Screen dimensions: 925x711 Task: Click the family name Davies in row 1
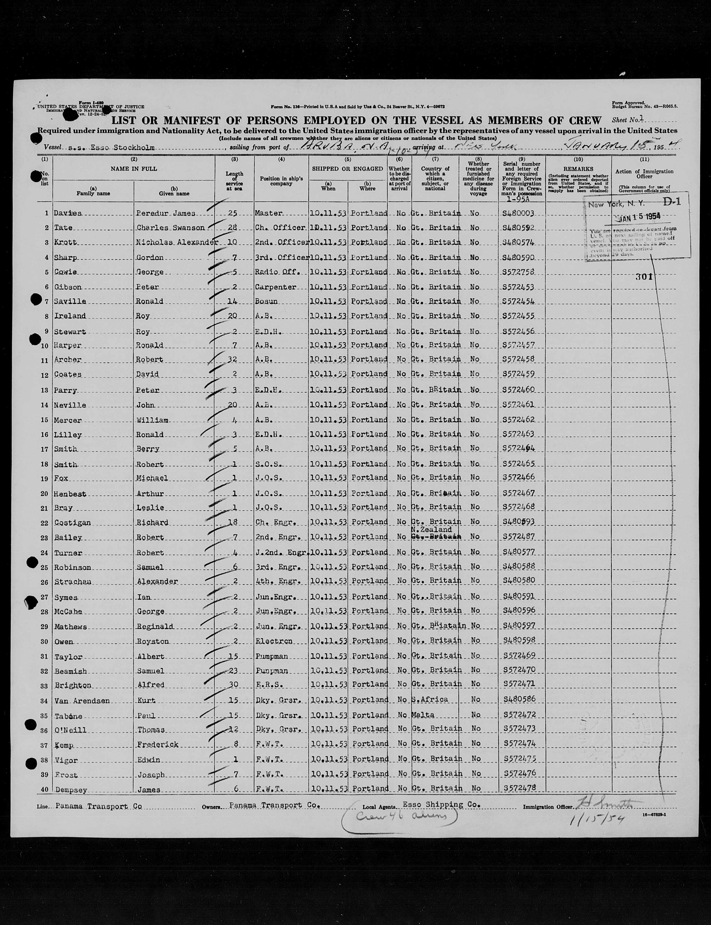tap(68, 213)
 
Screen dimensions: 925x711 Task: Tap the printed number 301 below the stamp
tap(644, 277)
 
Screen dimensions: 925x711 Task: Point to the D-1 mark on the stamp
tap(672, 202)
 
